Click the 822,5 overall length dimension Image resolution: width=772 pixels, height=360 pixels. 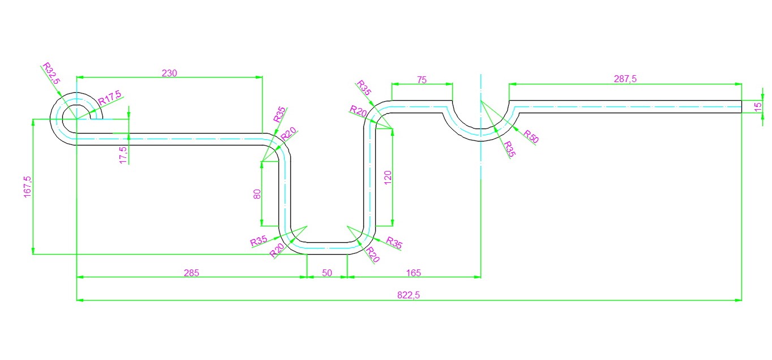[x=409, y=295]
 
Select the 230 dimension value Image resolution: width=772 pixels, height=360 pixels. [x=169, y=73]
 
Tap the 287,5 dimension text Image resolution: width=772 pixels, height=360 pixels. [x=625, y=79]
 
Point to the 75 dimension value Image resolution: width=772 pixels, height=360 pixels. [x=422, y=80]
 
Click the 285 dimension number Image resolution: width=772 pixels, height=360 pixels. [x=191, y=273]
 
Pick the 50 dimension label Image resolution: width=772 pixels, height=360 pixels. [x=327, y=273]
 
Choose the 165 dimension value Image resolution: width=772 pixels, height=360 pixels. [x=414, y=273]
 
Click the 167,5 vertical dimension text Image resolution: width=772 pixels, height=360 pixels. [x=27, y=187]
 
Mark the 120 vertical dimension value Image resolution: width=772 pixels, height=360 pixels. [x=388, y=178]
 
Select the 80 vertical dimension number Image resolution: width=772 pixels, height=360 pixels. [x=257, y=194]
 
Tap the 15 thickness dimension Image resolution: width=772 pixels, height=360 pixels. [x=758, y=106]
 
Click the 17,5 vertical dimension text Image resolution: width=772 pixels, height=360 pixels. [x=123, y=155]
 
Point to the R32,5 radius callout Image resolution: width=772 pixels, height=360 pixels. [x=51, y=73]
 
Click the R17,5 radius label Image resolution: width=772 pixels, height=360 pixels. [x=110, y=97]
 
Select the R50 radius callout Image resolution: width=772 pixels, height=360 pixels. [x=531, y=136]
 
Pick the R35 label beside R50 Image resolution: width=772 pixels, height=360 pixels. [x=509, y=149]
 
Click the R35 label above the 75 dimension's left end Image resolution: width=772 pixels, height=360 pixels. [x=363, y=88]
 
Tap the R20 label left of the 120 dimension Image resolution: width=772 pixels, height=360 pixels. [x=358, y=111]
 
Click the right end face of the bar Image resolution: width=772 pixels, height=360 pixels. [x=741, y=106]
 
